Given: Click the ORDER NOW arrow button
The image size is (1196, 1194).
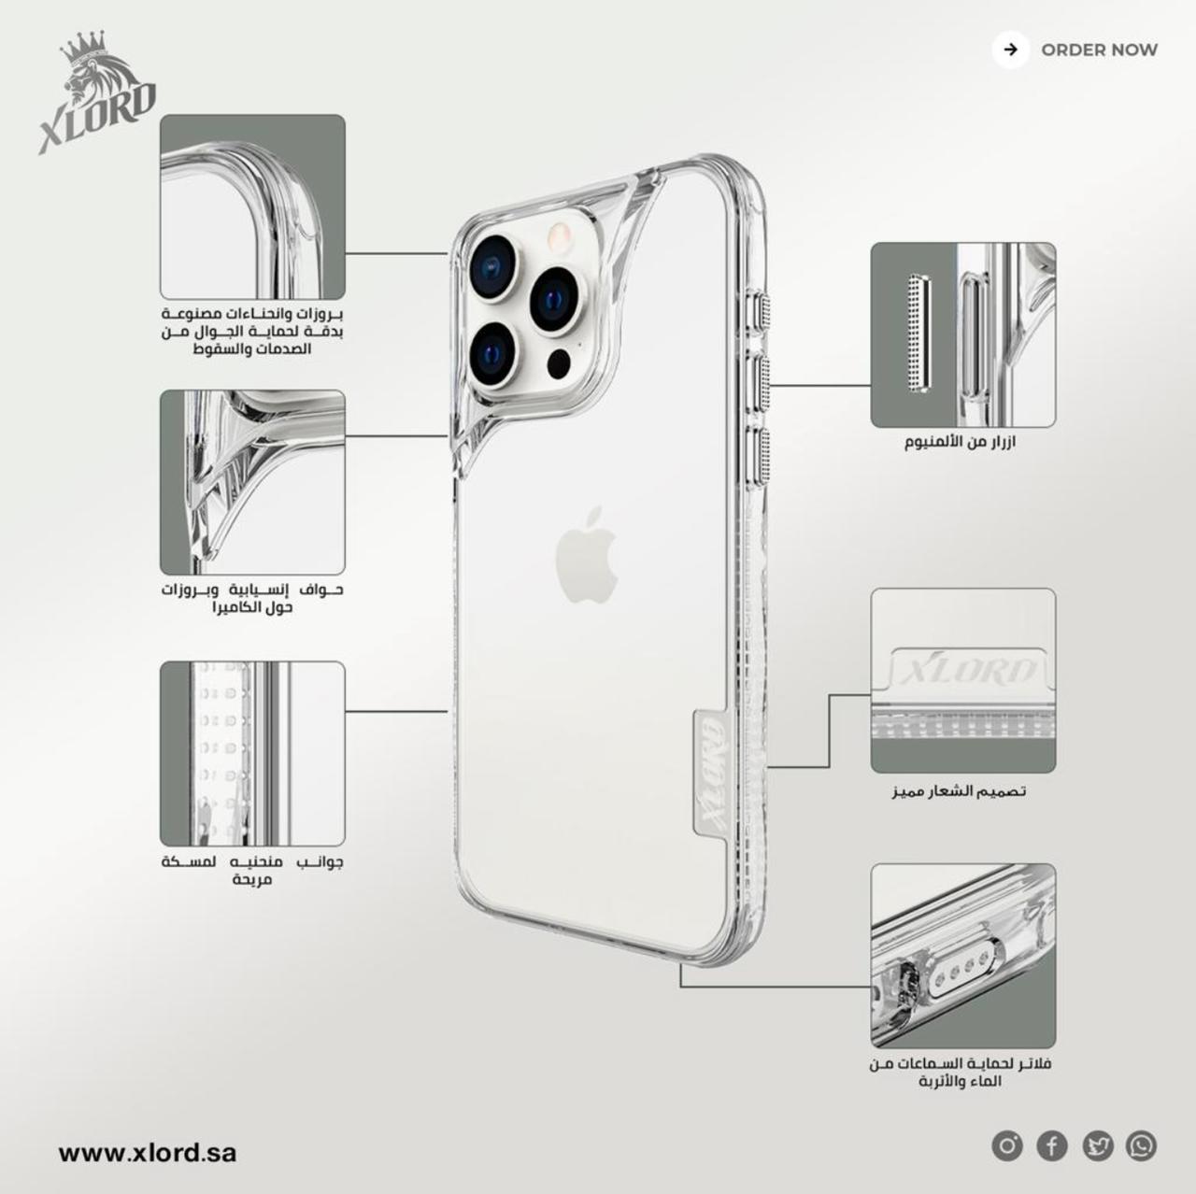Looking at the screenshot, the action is pos(1010,50).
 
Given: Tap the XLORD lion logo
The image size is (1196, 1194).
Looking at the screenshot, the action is pos(97,92).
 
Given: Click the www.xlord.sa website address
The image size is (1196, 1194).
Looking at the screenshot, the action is pos(148,1152).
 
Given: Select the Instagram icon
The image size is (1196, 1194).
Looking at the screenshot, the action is pos(1006,1145).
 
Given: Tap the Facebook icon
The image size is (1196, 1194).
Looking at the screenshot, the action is pos(1052,1145).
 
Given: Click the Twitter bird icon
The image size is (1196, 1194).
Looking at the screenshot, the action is pos(1097,1145).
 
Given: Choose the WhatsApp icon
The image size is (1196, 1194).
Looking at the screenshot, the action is pos(1142,1145).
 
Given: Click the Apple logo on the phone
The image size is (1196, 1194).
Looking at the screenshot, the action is pos(587,554).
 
